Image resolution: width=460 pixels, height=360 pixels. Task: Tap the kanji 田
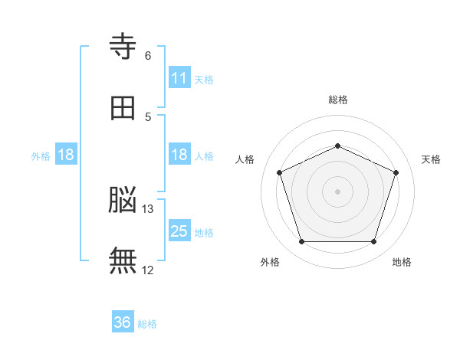[123, 109]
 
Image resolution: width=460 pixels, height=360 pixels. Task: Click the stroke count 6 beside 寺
[148, 56]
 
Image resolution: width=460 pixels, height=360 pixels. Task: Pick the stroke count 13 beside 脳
[148, 209]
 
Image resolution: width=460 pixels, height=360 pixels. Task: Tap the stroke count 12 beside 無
[148, 270]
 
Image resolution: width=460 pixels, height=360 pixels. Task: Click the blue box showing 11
[179, 78]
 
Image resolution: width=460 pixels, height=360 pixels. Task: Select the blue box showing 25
[179, 231]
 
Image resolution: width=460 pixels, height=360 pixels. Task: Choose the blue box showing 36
[123, 322]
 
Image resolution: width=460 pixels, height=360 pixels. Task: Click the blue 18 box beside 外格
[66, 155]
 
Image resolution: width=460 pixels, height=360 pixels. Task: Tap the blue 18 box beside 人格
[179, 155]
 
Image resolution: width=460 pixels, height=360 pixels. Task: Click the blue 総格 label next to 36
[147, 324]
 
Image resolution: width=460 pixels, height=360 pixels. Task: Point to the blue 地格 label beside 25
[204, 232]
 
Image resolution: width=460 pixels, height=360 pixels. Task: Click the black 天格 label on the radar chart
[431, 159]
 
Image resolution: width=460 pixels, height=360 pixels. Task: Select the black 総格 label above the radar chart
[337, 100]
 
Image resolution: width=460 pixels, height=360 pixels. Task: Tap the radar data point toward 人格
[279, 172]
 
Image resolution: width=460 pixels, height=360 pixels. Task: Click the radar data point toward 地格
[373, 241]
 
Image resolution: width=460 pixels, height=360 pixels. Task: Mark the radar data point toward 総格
[337, 146]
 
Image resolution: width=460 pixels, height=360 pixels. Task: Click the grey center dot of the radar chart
[337, 191]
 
